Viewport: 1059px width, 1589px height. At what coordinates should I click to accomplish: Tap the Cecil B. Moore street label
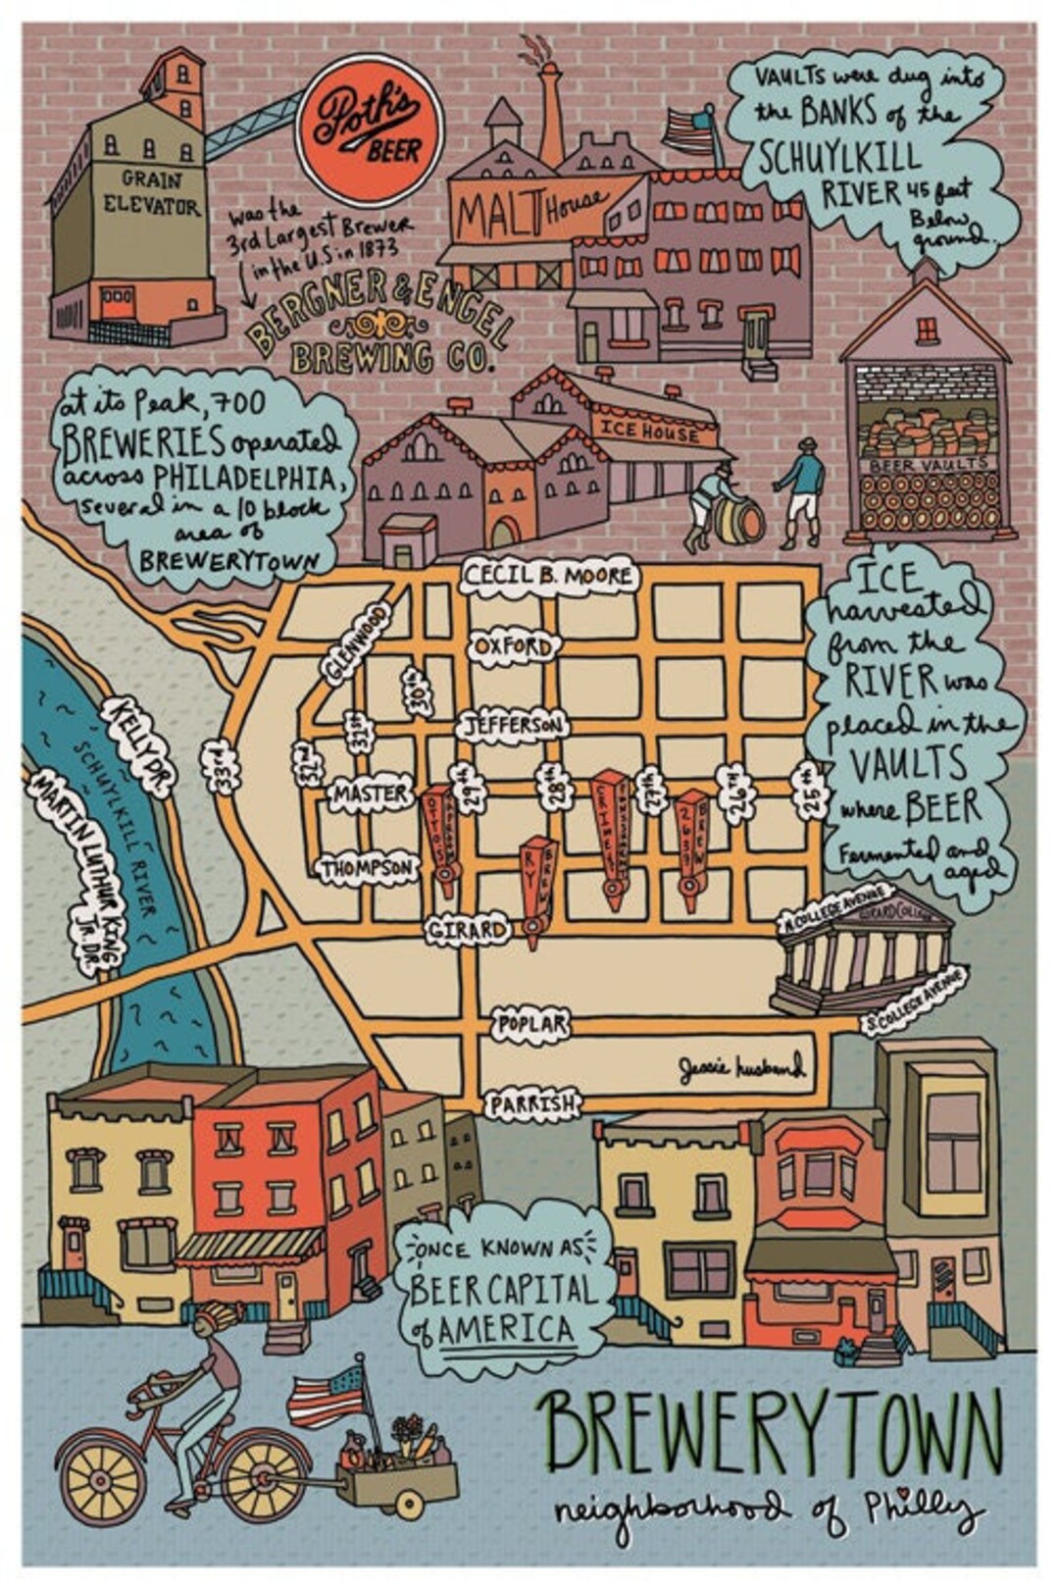coord(548,576)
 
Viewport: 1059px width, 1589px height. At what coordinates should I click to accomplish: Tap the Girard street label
coord(468,929)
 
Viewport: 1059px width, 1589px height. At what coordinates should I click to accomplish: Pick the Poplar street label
coord(530,1024)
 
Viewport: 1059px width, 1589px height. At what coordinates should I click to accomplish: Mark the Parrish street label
coord(531,1104)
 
